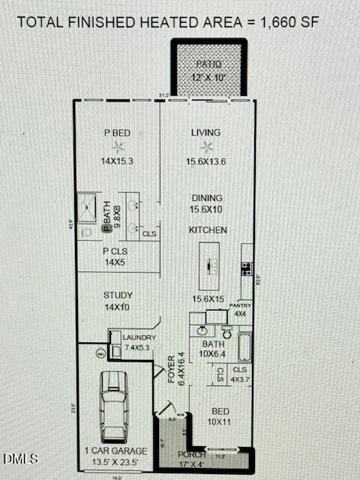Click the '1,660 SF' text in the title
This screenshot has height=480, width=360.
pos(289,22)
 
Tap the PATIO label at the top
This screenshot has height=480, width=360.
pos(209,64)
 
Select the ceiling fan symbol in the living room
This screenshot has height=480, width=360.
pos(207,147)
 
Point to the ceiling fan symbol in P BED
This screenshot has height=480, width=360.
pos(117,147)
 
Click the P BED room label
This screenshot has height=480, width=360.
pos(117,133)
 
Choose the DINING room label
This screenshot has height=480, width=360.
pos(206,198)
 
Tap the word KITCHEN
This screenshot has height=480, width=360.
pos(208,230)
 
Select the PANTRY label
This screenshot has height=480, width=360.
pos(241,306)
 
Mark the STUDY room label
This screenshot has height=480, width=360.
pos(118,295)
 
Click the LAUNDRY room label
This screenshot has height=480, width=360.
pos(139,337)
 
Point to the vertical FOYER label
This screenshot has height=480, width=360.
pos(172,369)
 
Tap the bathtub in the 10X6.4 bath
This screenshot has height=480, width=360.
pos(246,346)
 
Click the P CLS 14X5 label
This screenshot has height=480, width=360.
pos(117,256)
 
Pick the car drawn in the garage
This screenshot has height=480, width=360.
pos(114,406)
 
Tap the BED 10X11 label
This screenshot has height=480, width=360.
pos(220,417)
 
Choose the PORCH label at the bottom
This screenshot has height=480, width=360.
pos(192,454)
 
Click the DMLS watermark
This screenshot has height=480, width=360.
pos(21,458)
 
